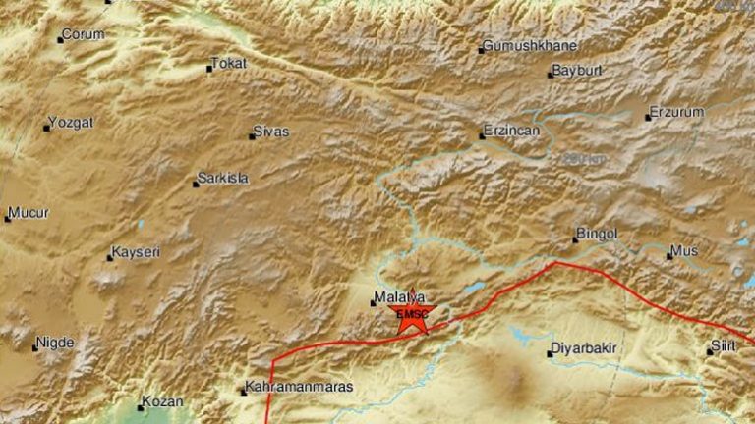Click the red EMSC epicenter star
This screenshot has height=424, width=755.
(x=412, y=314)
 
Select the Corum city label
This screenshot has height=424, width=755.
(x=83, y=35)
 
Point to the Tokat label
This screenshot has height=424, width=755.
(x=230, y=64)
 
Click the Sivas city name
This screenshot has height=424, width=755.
(x=271, y=132)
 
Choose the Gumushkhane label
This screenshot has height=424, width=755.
(x=531, y=46)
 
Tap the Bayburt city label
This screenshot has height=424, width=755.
(x=576, y=71)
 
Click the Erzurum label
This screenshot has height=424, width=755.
(x=678, y=112)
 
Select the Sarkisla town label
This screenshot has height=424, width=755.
(x=223, y=179)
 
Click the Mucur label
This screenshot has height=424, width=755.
(x=29, y=212)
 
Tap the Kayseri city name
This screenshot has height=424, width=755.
(x=136, y=252)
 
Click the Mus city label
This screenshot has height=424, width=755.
(x=685, y=252)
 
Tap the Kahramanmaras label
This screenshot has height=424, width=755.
(x=299, y=387)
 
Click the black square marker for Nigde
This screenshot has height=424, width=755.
(x=35, y=347)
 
